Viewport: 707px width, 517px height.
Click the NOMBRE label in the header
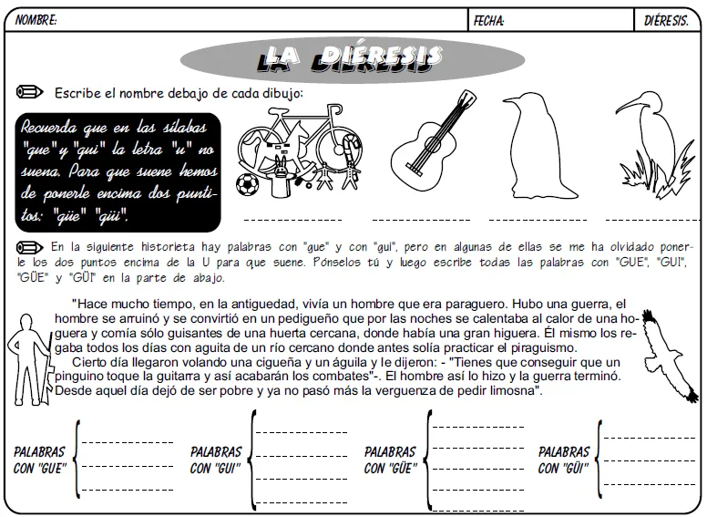point(35,20)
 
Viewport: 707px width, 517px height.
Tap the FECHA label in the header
point(489,20)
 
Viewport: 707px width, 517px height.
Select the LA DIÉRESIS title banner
point(352,59)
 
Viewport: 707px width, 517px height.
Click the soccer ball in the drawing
point(247,185)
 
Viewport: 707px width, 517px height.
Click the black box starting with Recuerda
point(118,171)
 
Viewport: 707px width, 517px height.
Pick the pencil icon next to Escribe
point(30,92)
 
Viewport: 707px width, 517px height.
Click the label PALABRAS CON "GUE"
point(39,460)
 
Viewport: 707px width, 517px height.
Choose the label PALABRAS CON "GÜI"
point(564,460)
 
